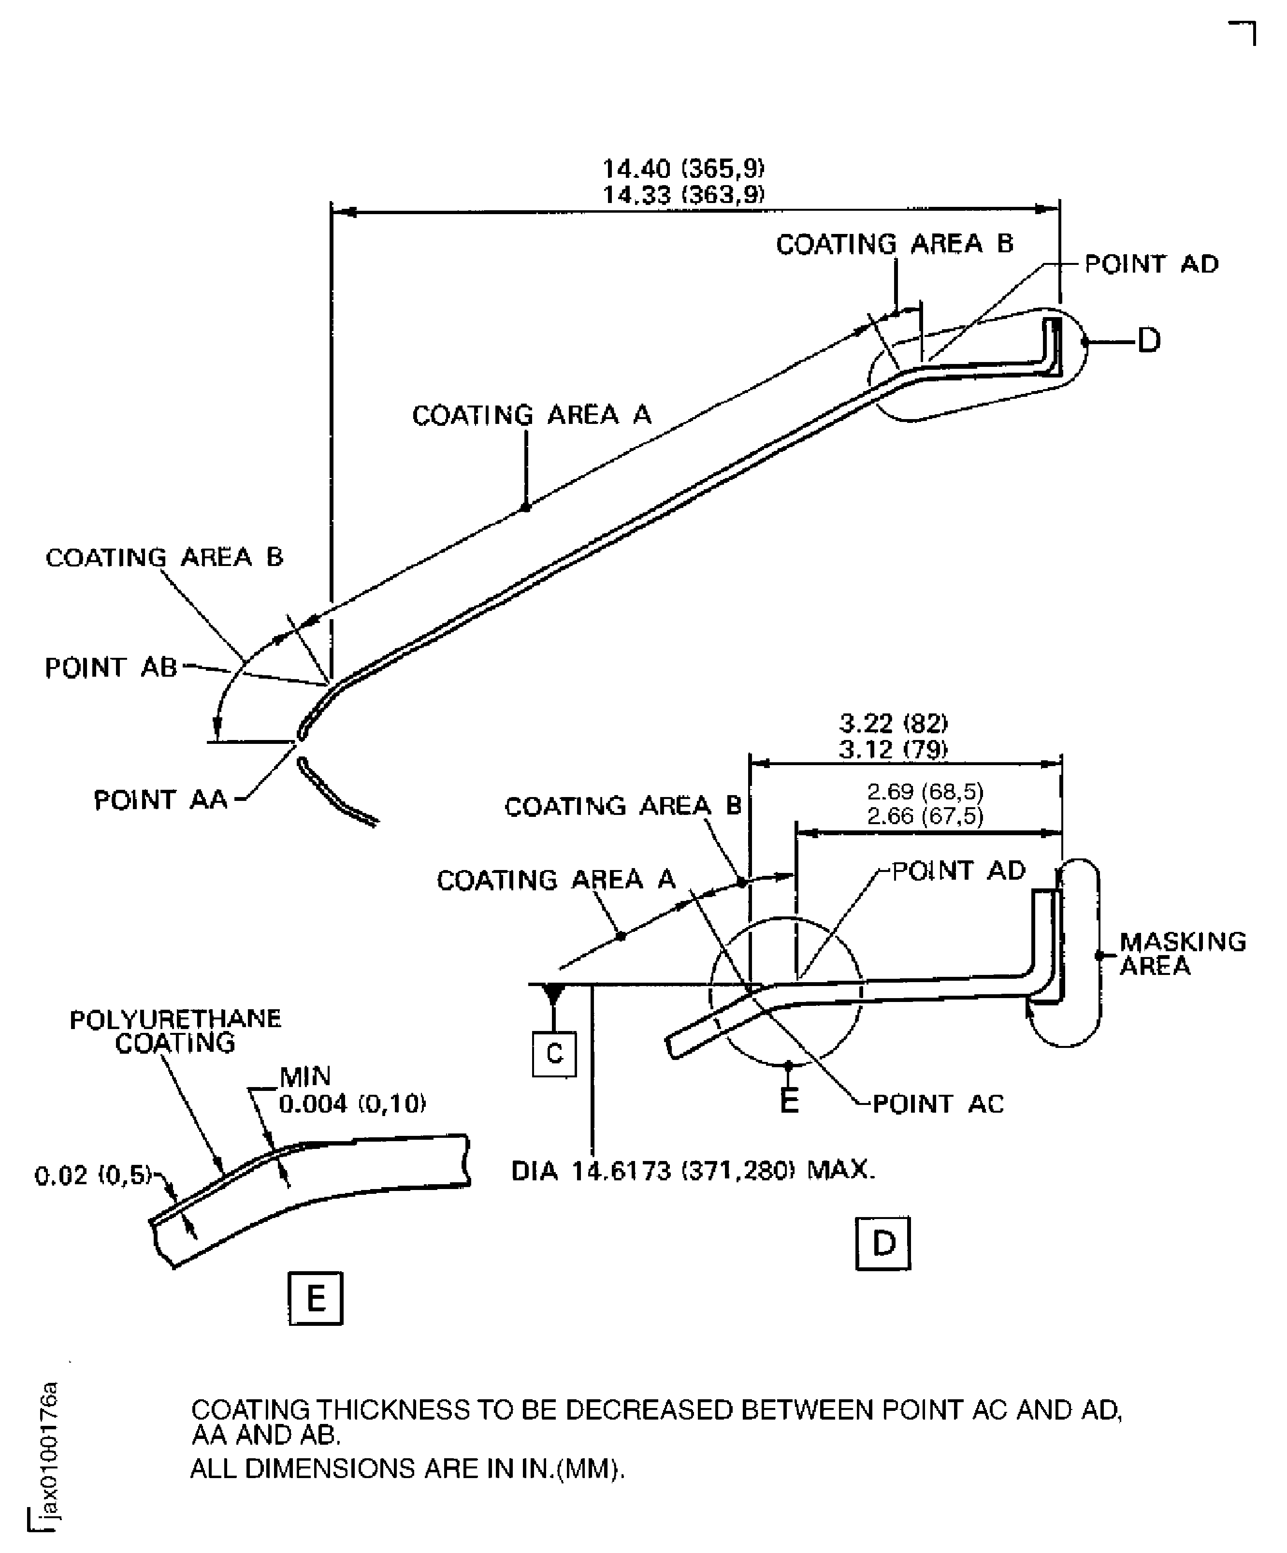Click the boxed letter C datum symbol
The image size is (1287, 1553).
[554, 1053]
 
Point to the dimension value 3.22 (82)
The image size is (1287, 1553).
[893, 723]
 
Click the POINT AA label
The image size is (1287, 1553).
[160, 800]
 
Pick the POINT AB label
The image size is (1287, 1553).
[111, 668]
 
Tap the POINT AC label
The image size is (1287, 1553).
[938, 1104]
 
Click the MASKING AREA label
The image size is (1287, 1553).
[1181, 954]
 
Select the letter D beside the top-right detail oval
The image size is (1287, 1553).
[1148, 341]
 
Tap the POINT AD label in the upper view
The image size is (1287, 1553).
[1151, 264]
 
